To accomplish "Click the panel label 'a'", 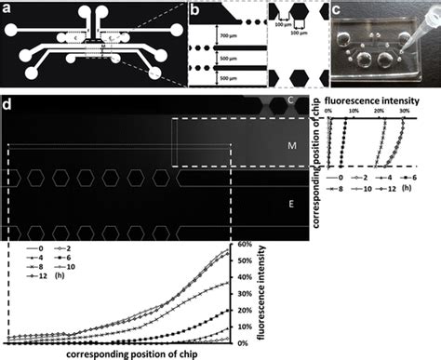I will pos(8,8).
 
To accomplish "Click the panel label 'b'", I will pos(194,8).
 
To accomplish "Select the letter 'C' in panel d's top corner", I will pos(291,100).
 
